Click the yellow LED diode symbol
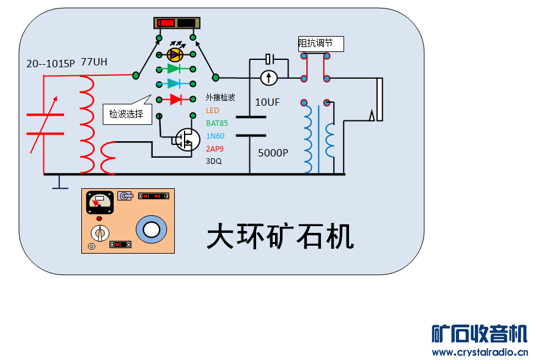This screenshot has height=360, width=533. pyautogui.click(x=175, y=54)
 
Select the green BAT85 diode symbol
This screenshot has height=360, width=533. pyautogui.click(x=175, y=69)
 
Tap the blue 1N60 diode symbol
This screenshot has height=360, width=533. pyautogui.click(x=175, y=84)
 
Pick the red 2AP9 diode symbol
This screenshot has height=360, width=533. pyautogui.click(x=175, y=98)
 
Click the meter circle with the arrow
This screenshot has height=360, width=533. pyautogui.click(x=269, y=78)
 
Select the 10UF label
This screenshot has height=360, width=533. pyautogui.click(x=267, y=103)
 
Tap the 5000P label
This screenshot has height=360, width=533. pyautogui.click(x=273, y=153)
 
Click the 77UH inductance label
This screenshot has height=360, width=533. pyautogui.click(x=94, y=62)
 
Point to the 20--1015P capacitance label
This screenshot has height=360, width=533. pyautogui.click(x=50, y=64)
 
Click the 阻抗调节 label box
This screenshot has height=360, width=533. pyautogui.click(x=320, y=44)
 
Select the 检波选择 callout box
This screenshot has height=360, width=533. pyautogui.click(x=127, y=114)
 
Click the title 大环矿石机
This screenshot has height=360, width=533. pyautogui.click(x=281, y=236)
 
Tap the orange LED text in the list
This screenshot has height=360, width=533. pyautogui.click(x=212, y=111)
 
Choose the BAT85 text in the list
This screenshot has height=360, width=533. pyautogui.click(x=216, y=123)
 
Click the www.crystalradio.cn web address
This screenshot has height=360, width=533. pyautogui.click(x=479, y=352)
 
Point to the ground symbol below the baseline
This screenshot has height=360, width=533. pyautogui.click(x=59, y=183)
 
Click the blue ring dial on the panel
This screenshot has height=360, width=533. pyautogui.click(x=151, y=229)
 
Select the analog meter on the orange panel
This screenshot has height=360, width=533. pyautogui.click(x=99, y=202)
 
